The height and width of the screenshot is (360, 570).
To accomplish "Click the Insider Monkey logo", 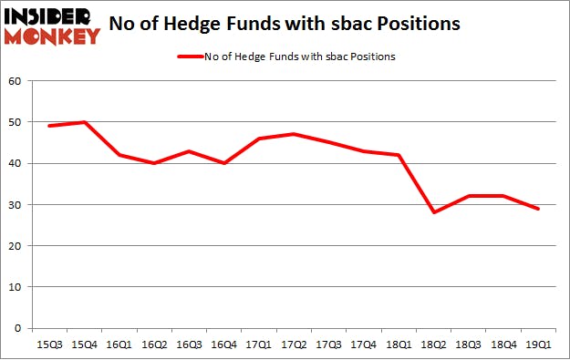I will point(52,26).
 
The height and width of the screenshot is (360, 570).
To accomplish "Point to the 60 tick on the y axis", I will point(16,81).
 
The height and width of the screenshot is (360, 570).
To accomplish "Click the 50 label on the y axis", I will point(16,122).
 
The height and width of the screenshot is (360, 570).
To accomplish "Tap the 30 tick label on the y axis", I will point(16,204).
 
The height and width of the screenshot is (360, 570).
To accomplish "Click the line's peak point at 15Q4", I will point(84,122).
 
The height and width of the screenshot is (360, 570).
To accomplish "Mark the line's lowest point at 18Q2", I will point(434,212).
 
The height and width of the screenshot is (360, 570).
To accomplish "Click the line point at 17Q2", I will point(294,134).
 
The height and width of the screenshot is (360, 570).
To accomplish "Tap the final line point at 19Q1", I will point(539,209).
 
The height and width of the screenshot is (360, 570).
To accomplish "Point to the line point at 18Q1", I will point(399,155).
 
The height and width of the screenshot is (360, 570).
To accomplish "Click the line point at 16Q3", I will point(189,150).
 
